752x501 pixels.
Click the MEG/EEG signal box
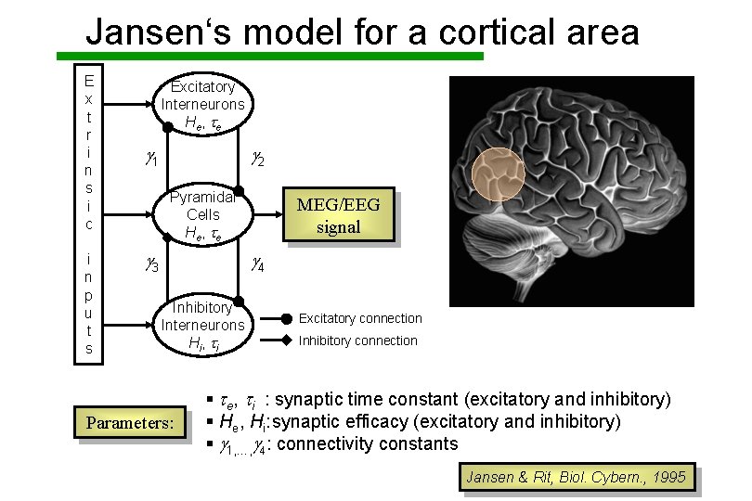coord(338,215)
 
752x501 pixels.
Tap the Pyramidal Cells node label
coord(202,214)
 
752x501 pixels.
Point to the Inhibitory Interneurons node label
coord(202,325)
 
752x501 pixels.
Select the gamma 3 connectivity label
coord(150,265)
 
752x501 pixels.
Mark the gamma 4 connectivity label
coord(257,265)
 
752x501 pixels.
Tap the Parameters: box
coord(129,423)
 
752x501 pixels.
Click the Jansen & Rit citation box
coord(575,478)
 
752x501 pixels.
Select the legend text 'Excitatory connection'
coord(359,318)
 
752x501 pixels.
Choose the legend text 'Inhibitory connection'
coord(357,340)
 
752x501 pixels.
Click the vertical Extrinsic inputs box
coord(88,213)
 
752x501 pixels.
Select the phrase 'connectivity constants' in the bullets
coord(368,443)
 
